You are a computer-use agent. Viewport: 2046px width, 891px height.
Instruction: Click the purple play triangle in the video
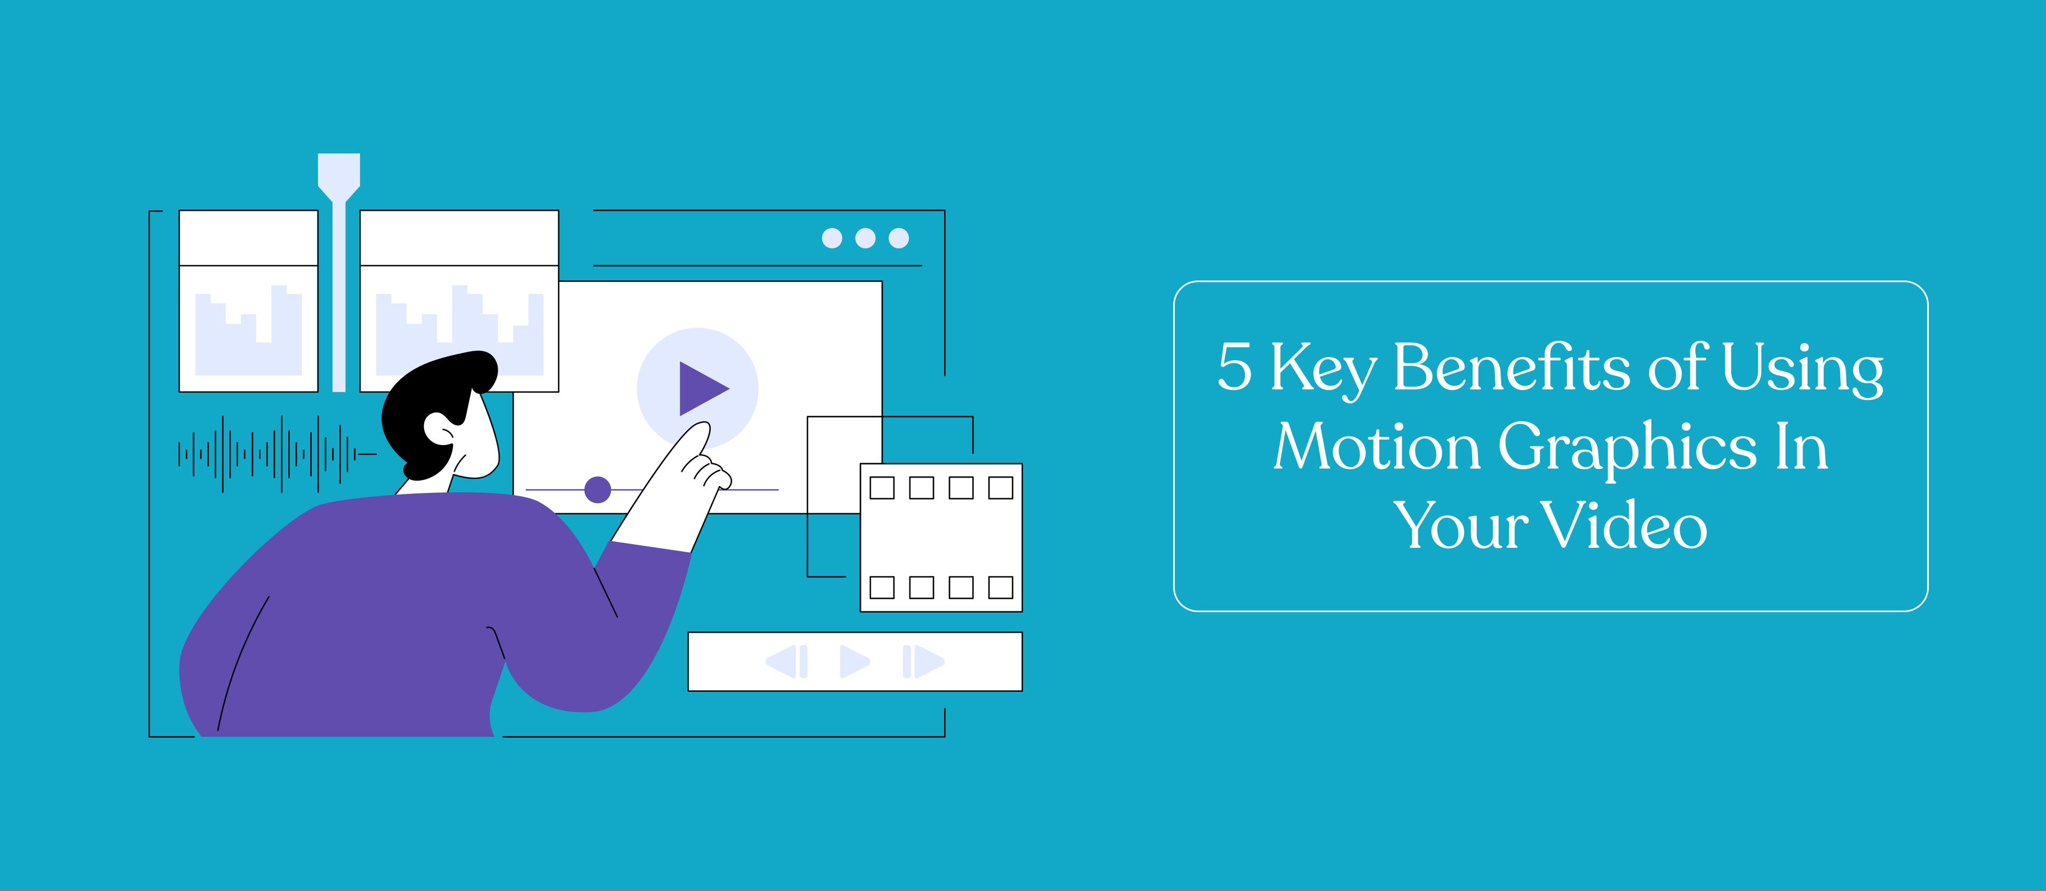pos(701,388)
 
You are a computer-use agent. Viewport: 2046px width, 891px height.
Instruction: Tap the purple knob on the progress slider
pos(597,490)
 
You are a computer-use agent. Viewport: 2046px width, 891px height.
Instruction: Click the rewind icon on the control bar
pos(786,661)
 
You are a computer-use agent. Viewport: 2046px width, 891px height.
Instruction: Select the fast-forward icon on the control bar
pos(923,661)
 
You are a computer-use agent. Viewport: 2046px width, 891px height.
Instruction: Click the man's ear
pos(439,430)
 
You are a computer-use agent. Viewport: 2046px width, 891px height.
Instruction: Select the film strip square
pos(941,538)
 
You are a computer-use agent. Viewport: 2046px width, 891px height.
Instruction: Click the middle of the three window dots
pos(865,238)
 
